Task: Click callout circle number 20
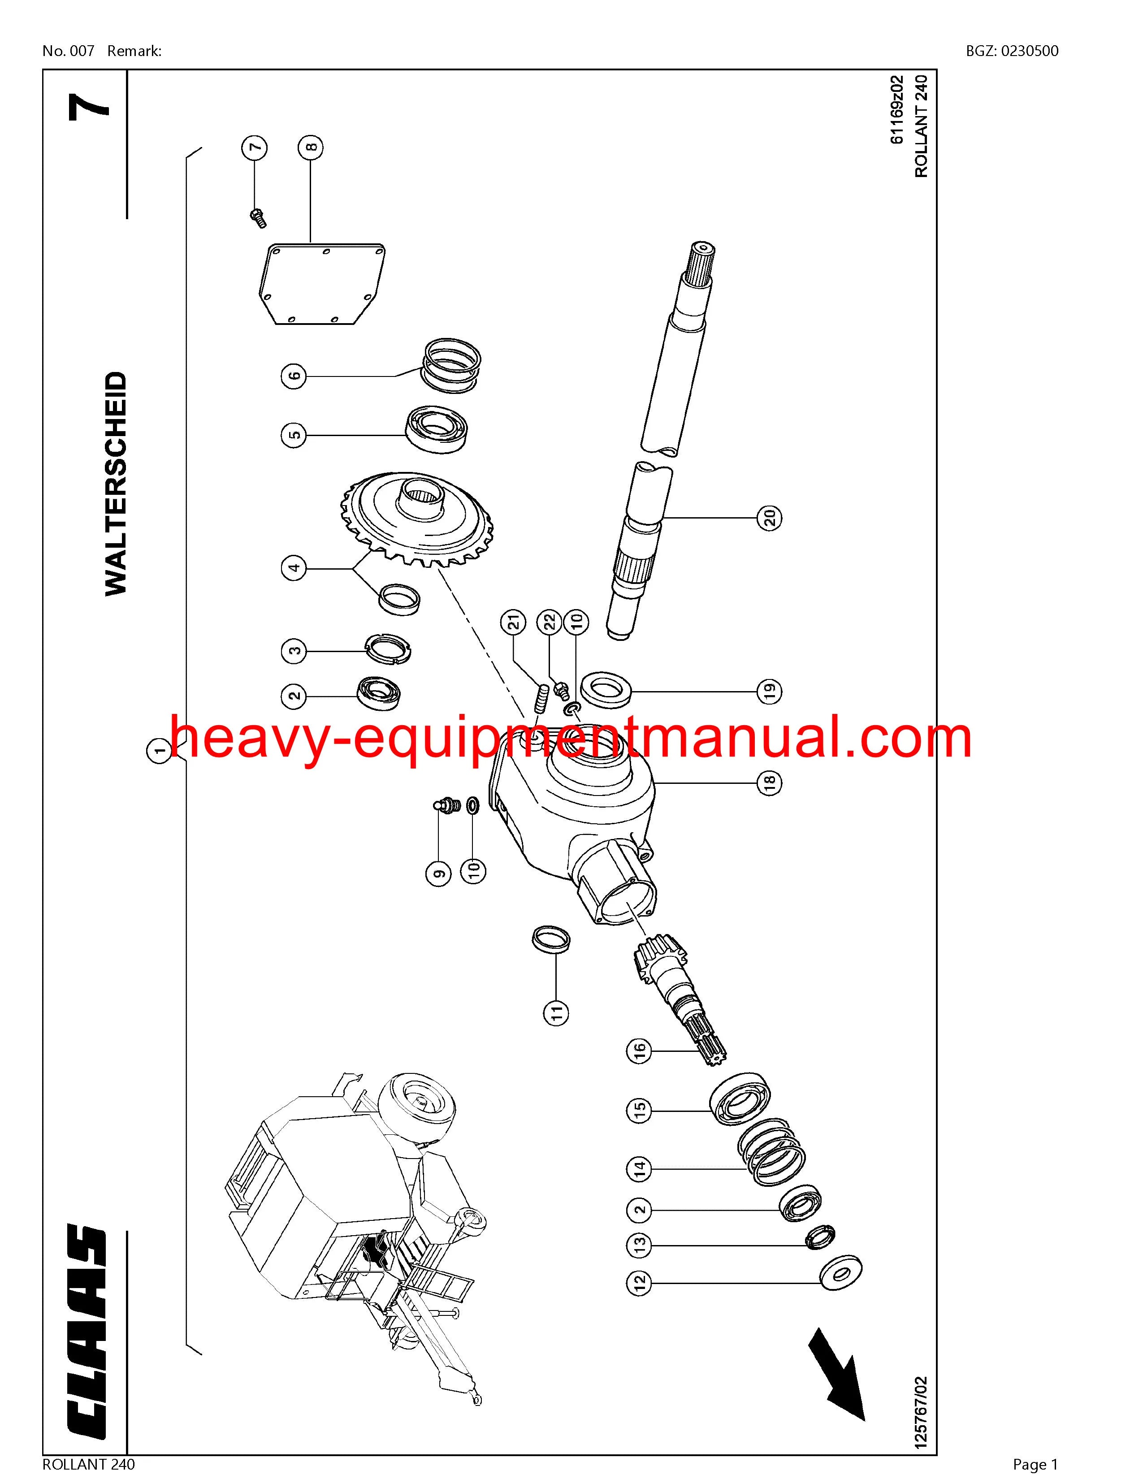(x=770, y=518)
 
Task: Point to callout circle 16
(x=641, y=1051)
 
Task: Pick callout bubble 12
(x=641, y=1280)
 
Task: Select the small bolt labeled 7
(x=257, y=217)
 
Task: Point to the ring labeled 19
(x=607, y=690)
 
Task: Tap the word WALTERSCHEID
(x=116, y=484)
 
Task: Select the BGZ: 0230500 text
(x=1012, y=51)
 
